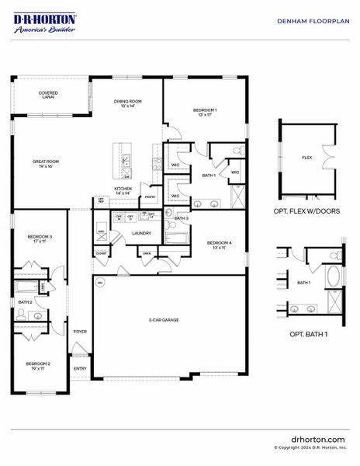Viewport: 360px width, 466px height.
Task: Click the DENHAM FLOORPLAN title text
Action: click(310, 22)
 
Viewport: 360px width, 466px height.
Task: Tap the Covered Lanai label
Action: click(48, 95)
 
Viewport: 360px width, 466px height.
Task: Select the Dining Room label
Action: click(128, 103)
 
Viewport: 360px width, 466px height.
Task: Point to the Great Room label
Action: click(45, 163)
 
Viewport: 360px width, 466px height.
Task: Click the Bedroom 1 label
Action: click(205, 112)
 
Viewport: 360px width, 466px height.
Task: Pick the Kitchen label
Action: click(123, 190)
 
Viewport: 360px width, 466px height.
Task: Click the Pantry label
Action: click(151, 197)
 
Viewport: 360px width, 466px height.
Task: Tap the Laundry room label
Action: click(141, 233)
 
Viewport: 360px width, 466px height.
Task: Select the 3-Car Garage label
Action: click(165, 320)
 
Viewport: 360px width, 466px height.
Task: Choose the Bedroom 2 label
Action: click(37, 365)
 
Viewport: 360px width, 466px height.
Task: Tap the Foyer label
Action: click(80, 332)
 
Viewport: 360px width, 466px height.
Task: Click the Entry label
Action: click(80, 368)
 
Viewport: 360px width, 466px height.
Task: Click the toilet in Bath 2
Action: click(22, 315)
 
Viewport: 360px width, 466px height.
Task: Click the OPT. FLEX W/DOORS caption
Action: click(306, 211)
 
